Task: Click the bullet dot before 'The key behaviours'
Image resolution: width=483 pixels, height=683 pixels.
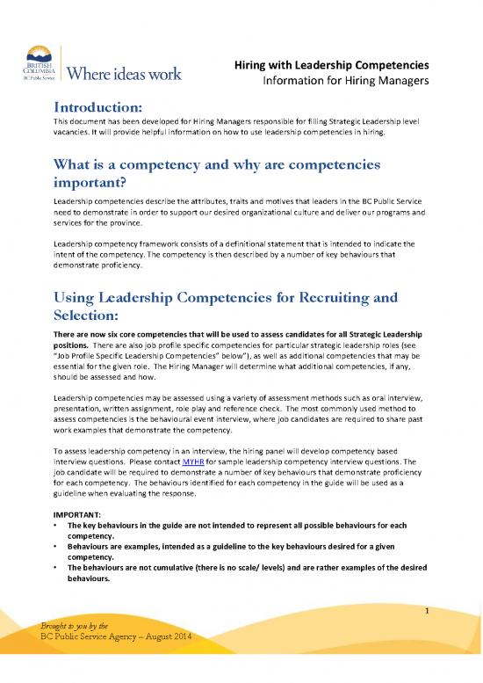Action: pos(56,525)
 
